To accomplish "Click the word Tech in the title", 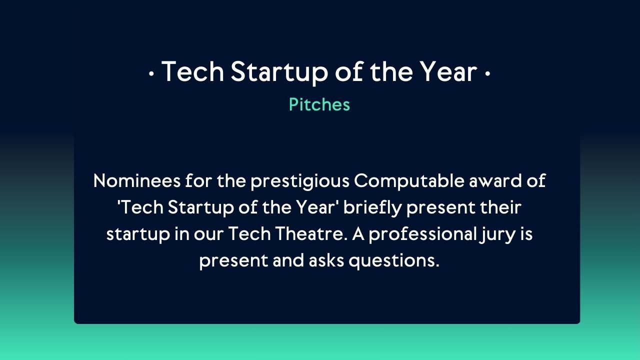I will [192, 71].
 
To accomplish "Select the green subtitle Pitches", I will [319, 104].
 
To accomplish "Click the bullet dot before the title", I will [151, 74].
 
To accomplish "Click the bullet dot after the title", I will [487, 74].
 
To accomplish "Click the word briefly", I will [372, 207].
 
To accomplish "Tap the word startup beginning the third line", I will [138, 234].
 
